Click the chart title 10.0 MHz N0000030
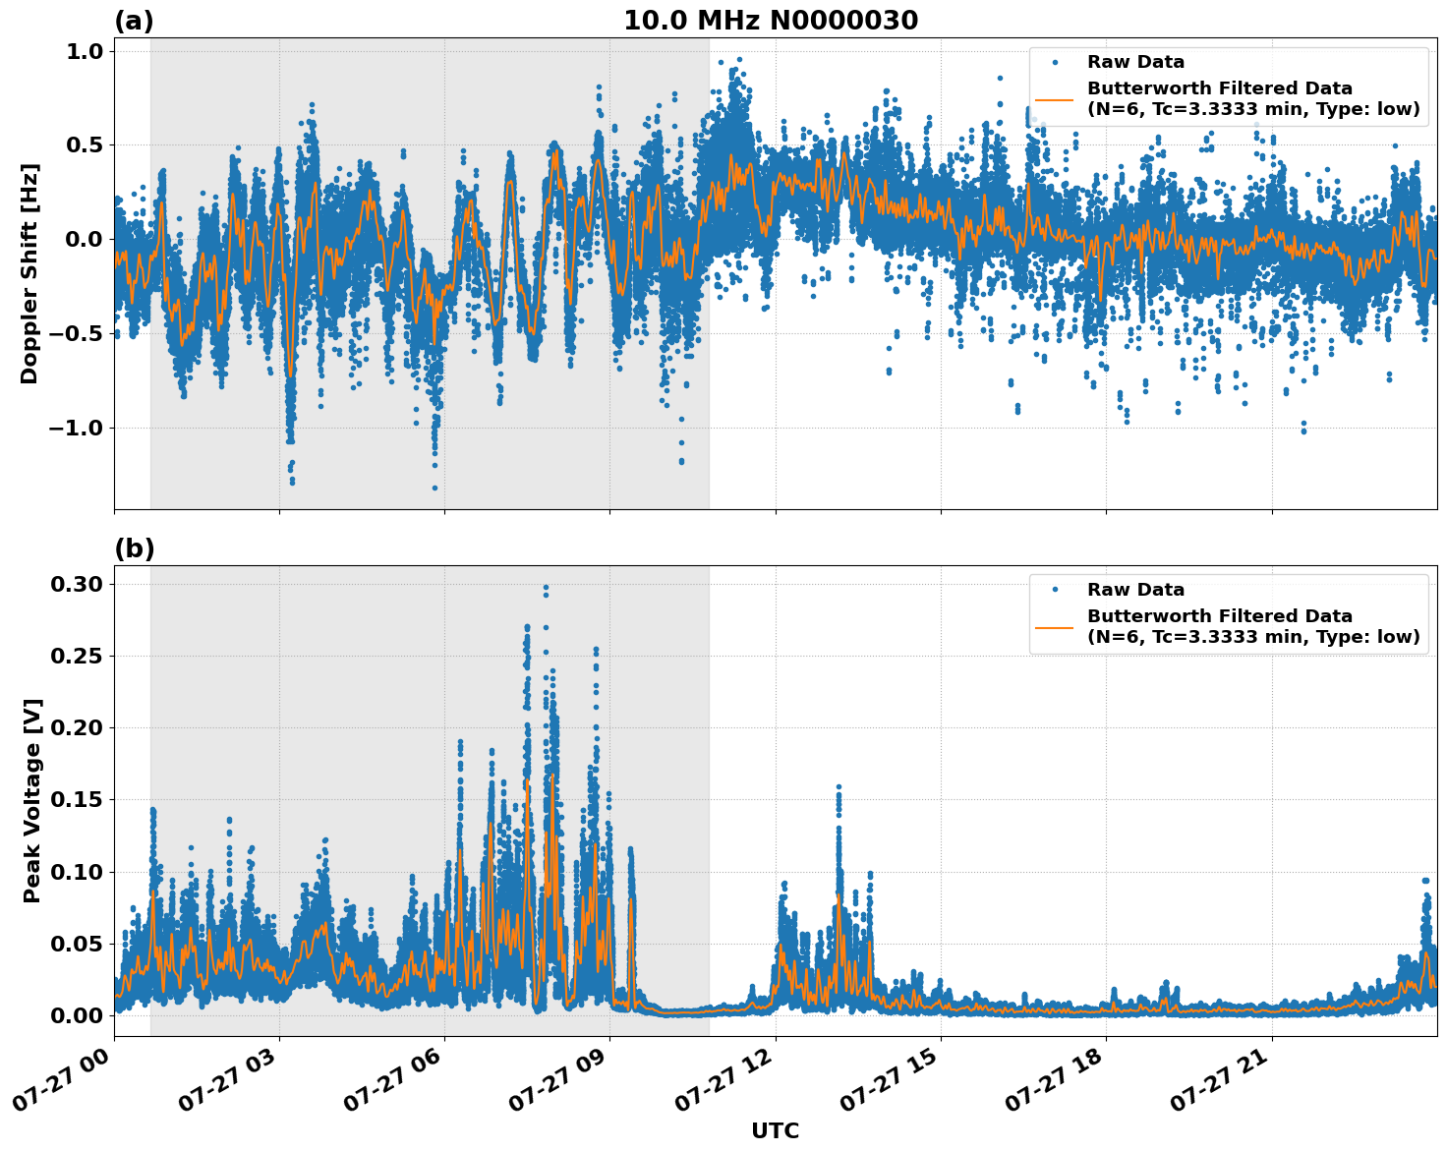(771, 21)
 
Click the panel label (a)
(134, 21)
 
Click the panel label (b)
(134, 548)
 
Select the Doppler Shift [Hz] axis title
(30, 273)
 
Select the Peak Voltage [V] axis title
(32, 800)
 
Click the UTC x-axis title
(775, 1130)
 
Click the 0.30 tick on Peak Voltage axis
(78, 584)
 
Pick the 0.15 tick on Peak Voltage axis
(78, 800)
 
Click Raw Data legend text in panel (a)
(1135, 62)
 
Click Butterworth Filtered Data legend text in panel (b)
(1219, 616)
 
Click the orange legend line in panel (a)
(1054, 99)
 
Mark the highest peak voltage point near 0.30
(546, 588)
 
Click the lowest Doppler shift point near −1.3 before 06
(434, 488)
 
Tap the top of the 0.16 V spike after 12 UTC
(839, 787)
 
